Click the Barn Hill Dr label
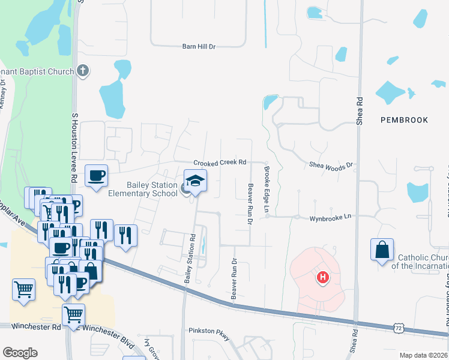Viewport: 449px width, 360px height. [x=199, y=46]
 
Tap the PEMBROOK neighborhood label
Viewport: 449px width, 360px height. [x=405, y=120]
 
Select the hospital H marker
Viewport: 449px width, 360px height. [x=323, y=277]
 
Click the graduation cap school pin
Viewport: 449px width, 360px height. [x=195, y=181]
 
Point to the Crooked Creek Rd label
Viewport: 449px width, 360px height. [x=220, y=163]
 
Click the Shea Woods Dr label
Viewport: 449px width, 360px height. [x=330, y=164]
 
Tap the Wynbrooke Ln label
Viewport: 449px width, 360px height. [x=329, y=219]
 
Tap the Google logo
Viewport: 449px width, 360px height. [x=20, y=353]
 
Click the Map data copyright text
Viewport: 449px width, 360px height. [x=424, y=355]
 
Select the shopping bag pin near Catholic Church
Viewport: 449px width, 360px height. [x=382, y=250]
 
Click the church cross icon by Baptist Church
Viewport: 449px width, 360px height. [x=83, y=71]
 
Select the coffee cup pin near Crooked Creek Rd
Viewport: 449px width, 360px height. [x=97, y=176]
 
